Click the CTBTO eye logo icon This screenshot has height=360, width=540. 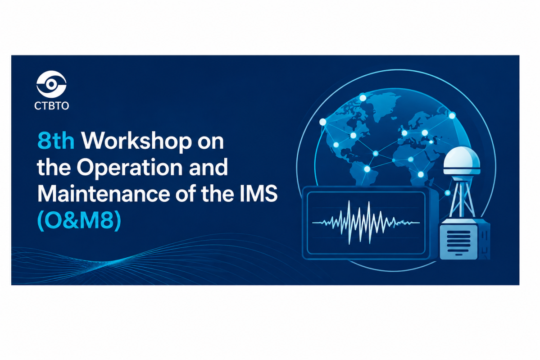tap(51, 84)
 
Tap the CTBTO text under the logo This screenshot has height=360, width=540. tap(52, 105)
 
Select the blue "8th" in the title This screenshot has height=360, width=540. tap(56, 141)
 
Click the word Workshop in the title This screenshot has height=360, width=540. tap(136, 141)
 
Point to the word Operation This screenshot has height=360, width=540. tap(130, 168)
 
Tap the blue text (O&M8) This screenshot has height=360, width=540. tap(79, 220)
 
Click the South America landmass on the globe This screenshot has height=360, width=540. tap(365, 172)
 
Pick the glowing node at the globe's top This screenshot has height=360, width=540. tap(363, 98)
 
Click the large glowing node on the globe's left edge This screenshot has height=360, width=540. tap(322, 122)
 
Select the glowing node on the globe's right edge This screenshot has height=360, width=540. tap(452, 116)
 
